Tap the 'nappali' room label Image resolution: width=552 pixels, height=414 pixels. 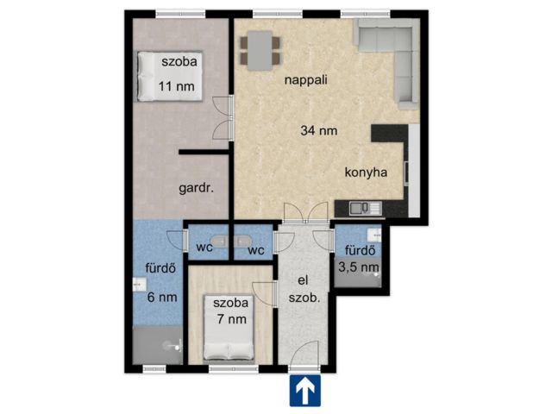click(x=305, y=80)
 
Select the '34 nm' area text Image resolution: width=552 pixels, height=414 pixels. click(x=318, y=131)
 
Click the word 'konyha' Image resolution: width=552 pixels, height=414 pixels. click(x=366, y=172)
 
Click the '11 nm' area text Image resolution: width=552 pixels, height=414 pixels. click(x=175, y=86)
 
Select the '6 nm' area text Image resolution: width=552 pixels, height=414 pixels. click(x=161, y=298)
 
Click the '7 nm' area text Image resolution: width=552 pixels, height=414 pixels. click(x=231, y=319)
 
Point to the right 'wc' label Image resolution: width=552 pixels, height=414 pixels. click(x=256, y=251)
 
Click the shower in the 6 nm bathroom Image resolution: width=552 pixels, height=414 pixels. click(x=158, y=348)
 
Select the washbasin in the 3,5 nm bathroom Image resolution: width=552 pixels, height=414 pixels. click(x=373, y=235)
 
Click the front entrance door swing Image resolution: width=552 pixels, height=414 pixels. click(x=307, y=354)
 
